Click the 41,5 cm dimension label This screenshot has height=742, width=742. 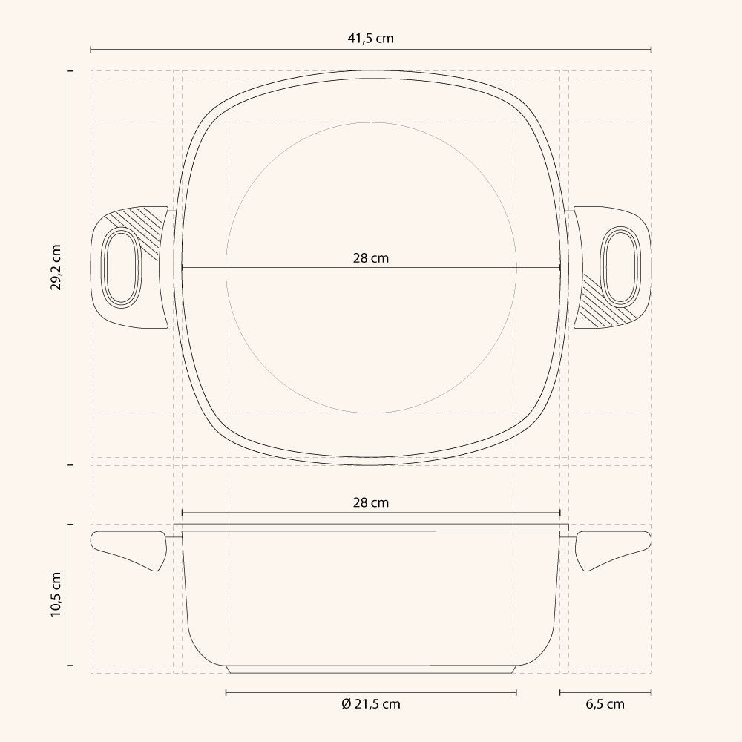pyautogui.click(x=370, y=39)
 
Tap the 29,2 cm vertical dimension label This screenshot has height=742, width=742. pyautogui.click(x=56, y=268)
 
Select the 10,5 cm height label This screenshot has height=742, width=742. pyautogui.click(x=56, y=594)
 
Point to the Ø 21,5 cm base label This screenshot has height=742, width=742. pyautogui.click(x=370, y=704)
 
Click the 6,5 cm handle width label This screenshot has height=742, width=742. pyautogui.click(x=605, y=704)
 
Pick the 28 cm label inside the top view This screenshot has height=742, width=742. pyautogui.click(x=370, y=258)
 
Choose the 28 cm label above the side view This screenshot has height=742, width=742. pyautogui.click(x=370, y=502)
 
